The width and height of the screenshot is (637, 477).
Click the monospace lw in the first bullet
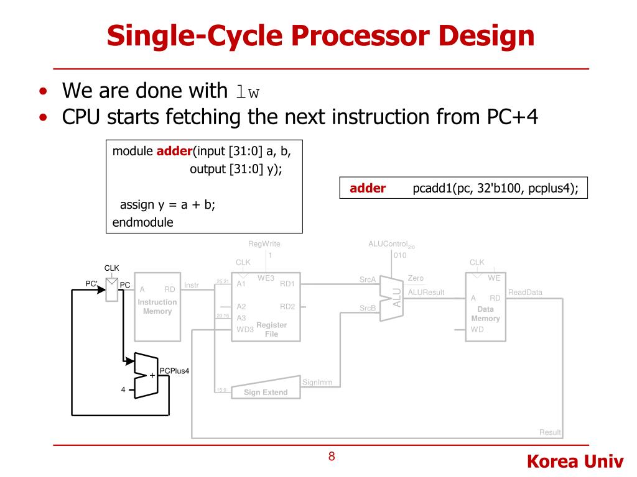248,93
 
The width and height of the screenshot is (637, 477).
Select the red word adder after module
175,151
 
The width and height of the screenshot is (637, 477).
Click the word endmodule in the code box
143,222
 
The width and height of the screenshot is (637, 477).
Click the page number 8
332,457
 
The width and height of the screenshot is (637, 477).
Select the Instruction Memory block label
157,307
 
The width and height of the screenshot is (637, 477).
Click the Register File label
271,329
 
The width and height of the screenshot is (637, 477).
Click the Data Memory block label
485,314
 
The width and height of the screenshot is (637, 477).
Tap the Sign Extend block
266,392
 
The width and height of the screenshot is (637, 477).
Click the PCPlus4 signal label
174,371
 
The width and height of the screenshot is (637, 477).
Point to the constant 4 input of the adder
123,389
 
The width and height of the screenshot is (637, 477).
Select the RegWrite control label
264,245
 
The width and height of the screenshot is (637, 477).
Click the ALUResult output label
426,293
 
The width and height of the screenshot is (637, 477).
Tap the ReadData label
525,293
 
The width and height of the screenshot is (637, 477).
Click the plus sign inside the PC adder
152,375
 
